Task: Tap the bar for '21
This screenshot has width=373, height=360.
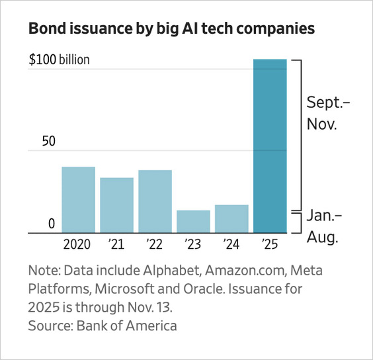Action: tap(116, 205)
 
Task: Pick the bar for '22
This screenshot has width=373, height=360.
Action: tap(155, 202)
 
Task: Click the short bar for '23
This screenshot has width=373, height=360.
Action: tap(193, 222)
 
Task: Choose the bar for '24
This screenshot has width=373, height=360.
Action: tap(231, 219)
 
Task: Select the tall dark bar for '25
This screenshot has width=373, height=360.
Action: tap(270, 146)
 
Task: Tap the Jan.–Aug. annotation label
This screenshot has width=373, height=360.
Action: tap(324, 227)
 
